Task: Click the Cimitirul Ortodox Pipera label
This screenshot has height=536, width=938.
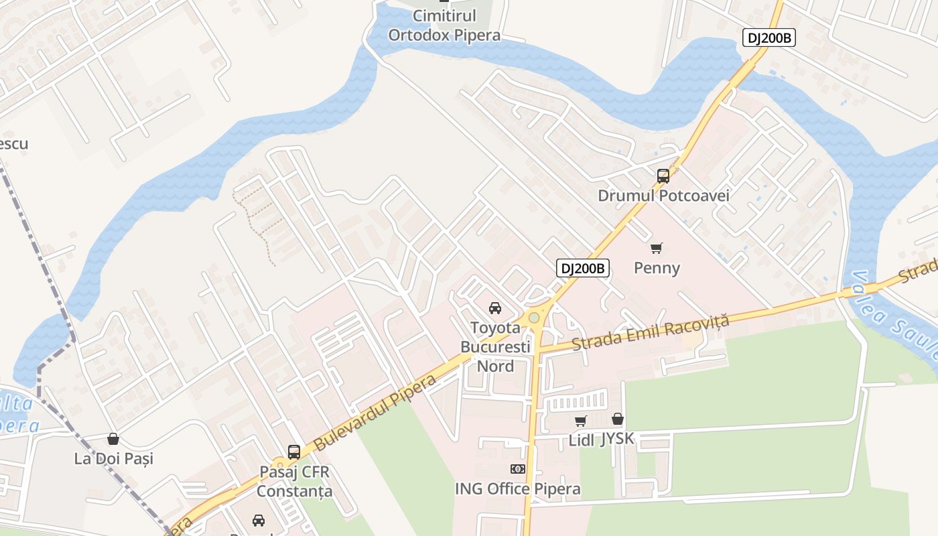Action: click(x=444, y=25)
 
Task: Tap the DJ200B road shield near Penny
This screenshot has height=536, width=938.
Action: click(x=582, y=269)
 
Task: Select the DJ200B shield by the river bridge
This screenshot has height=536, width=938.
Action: click(x=768, y=38)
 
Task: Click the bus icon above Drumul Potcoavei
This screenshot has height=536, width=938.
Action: click(x=663, y=176)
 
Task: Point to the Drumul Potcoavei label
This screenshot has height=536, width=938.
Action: click(x=663, y=196)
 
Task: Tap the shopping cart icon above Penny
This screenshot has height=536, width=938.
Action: click(x=657, y=249)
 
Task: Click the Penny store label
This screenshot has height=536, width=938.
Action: click(x=657, y=268)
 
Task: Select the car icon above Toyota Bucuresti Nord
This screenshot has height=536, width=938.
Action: click(x=495, y=308)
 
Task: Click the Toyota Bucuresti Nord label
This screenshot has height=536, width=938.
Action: click(x=495, y=347)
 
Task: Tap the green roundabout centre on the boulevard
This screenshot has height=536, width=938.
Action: click(x=533, y=318)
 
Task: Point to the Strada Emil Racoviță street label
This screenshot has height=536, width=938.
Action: click(x=650, y=334)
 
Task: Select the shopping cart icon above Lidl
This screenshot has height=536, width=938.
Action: click(x=580, y=421)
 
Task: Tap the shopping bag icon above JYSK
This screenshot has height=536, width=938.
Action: click(x=617, y=419)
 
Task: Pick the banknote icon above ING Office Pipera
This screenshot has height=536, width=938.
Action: click(x=517, y=469)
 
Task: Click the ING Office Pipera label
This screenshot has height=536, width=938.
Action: click(x=517, y=488)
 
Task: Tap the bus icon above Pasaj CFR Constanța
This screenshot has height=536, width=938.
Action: click(x=294, y=452)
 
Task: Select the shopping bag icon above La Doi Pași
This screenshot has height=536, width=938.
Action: click(x=113, y=439)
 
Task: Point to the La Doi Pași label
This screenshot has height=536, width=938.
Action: click(x=113, y=459)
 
